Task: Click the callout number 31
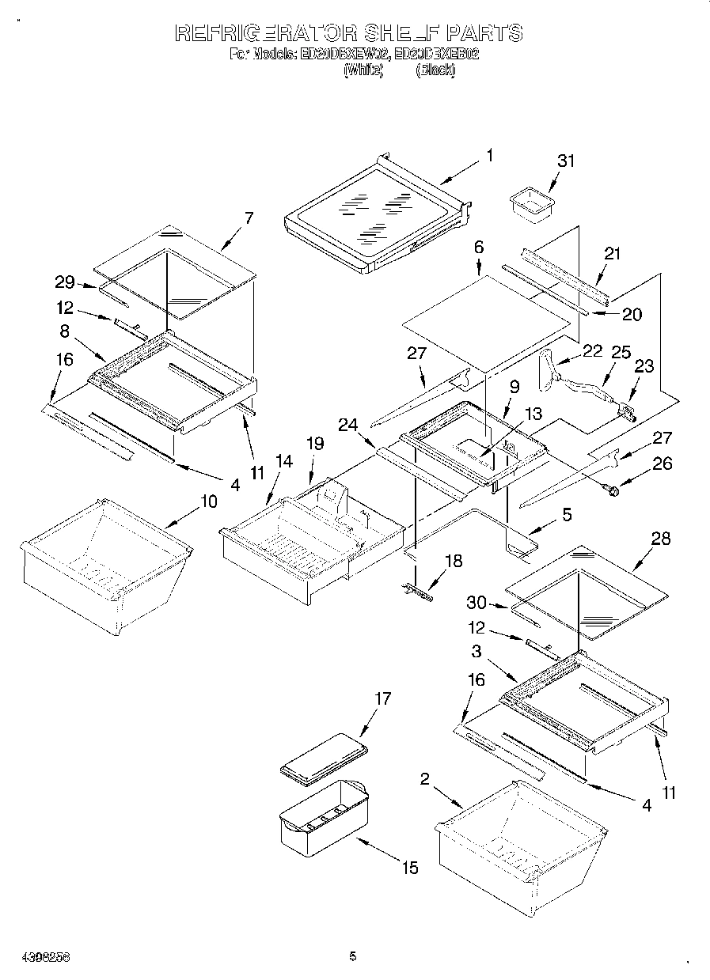click(565, 161)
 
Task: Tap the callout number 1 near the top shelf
click(489, 156)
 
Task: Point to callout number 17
click(382, 698)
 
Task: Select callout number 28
click(660, 539)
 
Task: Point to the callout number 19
click(315, 444)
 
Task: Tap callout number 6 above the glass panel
click(479, 248)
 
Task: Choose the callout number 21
click(613, 254)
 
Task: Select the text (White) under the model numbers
click(363, 70)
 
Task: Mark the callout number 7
click(249, 218)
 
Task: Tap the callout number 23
click(644, 366)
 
